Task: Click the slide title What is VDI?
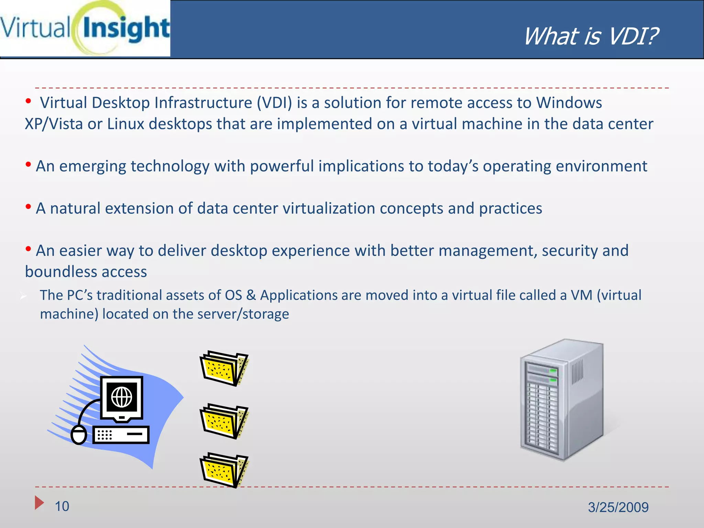(591, 36)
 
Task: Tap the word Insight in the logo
(126, 29)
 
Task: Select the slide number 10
(62, 506)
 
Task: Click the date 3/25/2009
(618, 507)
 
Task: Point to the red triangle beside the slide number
(39, 503)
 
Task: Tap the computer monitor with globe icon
(122, 398)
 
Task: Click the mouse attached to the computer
(79, 435)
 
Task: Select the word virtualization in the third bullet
(329, 209)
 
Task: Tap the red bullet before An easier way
(28, 249)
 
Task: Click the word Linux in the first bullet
(126, 124)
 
